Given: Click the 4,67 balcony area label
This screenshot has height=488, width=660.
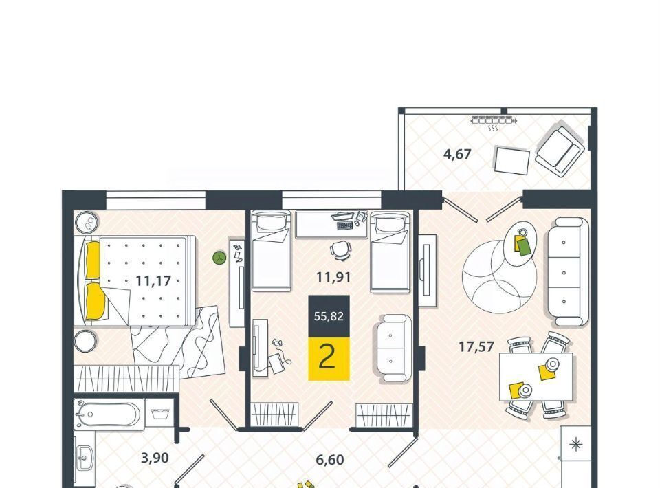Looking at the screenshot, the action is (x=457, y=155).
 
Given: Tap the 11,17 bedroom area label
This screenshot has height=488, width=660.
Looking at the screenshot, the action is (x=153, y=280).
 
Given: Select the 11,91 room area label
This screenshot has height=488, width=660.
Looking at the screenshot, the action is (x=334, y=278).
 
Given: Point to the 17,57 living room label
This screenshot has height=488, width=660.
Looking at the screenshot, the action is (x=476, y=347).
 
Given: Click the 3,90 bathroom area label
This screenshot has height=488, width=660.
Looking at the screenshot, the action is (x=155, y=458).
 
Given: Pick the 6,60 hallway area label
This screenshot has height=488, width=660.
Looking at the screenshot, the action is (x=330, y=460).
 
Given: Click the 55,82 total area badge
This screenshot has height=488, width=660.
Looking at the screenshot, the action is (x=329, y=316).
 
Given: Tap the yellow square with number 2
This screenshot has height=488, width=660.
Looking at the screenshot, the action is (x=329, y=358).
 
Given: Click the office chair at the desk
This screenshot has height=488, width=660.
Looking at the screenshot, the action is (x=340, y=249).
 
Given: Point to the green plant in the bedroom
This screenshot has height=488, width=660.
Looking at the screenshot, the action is (x=220, y=258).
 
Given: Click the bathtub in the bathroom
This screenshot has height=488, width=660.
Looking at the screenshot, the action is (x=109, y=414).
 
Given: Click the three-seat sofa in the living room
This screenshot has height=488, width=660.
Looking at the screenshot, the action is (x=566, y=272).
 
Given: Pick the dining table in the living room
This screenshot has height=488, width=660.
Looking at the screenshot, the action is (x=536, y=377).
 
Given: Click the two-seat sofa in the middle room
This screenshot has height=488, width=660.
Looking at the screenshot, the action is (x=393, y=348).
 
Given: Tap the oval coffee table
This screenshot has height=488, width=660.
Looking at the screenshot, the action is (x=520, y=243).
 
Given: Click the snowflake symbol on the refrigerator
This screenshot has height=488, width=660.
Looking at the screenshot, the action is (x=575, y=444).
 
